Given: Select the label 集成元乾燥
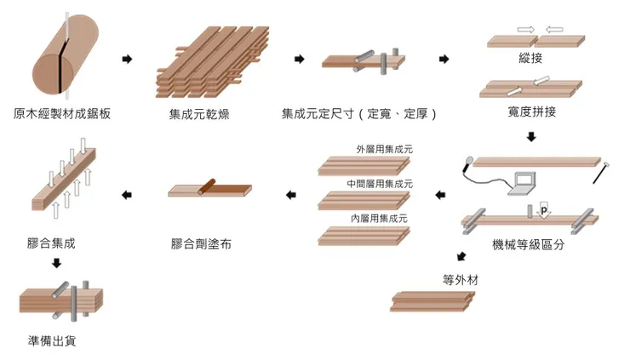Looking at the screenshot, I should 198,113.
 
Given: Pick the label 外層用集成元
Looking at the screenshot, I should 385,149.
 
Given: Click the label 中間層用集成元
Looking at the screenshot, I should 380,184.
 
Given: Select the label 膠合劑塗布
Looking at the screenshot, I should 201,245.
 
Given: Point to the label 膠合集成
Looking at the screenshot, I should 51,244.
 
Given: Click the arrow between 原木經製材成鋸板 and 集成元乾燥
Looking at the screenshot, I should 128,60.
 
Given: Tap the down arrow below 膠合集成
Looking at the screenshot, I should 56,263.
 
